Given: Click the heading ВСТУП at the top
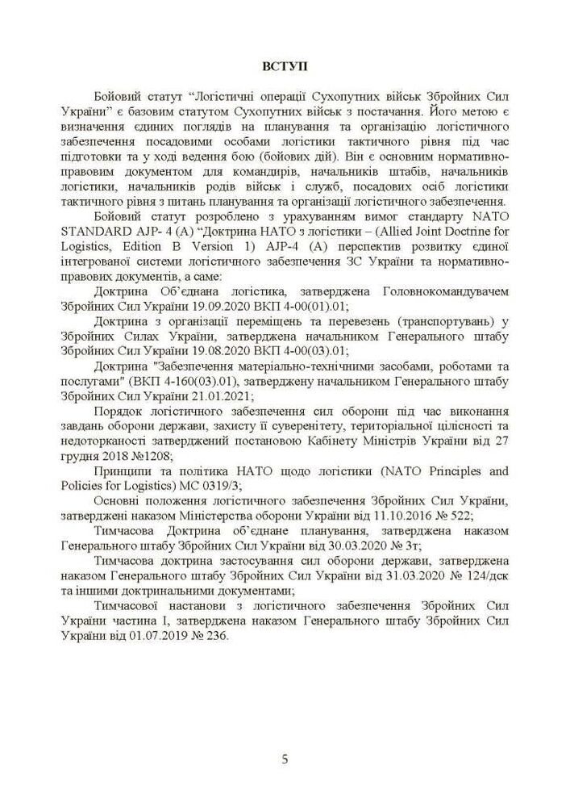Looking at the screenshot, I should click(x=285, y=65).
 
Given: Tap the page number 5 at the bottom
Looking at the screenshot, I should click(x=285, y=759).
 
